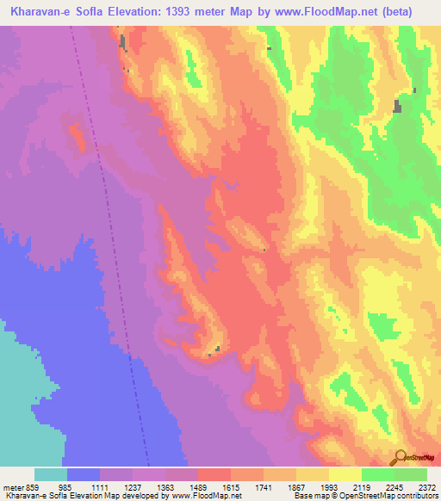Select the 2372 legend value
pyautogui.click(x=425, y=488)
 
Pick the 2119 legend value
pyautogui.click(x=367, y=488)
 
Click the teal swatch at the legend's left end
pyautogui.click(x=51, y=474)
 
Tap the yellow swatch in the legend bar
pyautogui.click(x=345, y=474)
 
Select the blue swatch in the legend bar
pyautogui.click(x=84, y=474)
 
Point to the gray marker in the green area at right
pyautogui.click(x=397, y=106)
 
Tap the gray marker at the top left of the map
pyautogui.click(x=122, y=41)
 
